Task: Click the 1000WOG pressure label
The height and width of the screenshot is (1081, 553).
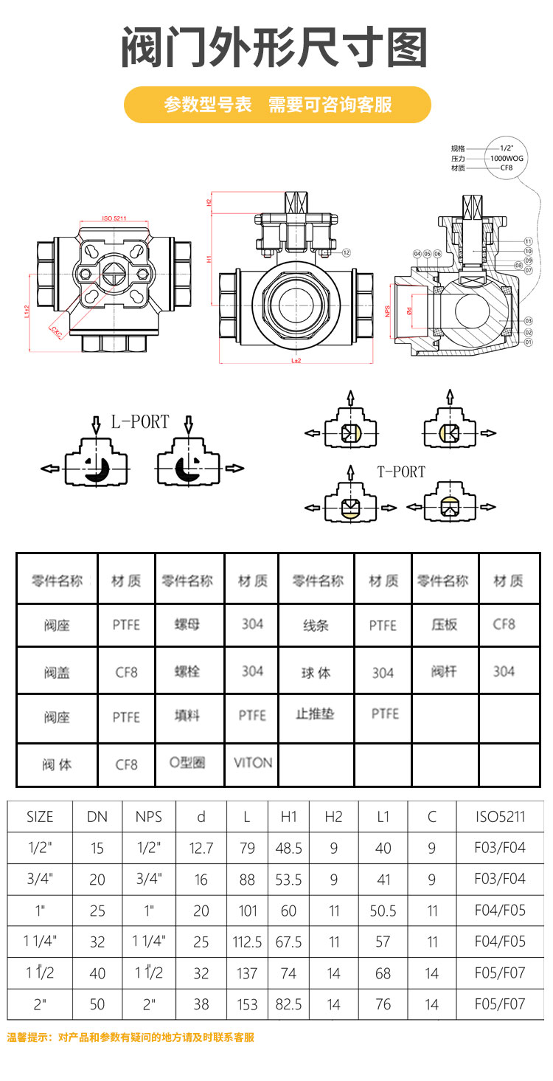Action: point(506,158)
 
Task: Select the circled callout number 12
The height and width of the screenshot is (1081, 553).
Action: point(347,252)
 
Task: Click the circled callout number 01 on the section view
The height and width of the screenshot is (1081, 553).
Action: point(528,342)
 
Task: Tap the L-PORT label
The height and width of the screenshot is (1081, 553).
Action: point(140,422)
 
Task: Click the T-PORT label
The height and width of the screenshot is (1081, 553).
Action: point(401,472)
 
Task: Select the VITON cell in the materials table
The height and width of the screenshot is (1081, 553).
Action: point(253,763)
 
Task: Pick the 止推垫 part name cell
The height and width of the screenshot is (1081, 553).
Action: point(316,714)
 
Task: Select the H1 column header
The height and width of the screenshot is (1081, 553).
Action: point(288,816)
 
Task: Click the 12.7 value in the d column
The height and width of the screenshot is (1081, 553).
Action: point(201,848)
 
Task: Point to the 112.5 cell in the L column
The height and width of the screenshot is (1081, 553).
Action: point(247,942)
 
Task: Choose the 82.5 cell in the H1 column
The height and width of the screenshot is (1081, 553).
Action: point(288,1004)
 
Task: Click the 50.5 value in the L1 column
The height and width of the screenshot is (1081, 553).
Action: point(383,911)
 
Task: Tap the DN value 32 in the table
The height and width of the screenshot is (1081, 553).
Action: point(97,942)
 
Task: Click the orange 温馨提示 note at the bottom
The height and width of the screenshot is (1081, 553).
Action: point(131,1037)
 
